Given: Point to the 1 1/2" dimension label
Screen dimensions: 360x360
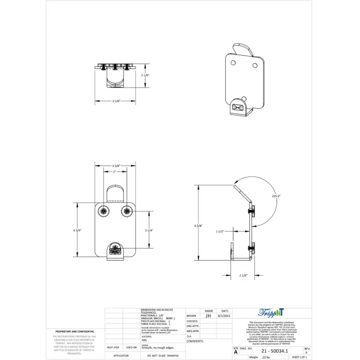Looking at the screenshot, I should tap(220, 231).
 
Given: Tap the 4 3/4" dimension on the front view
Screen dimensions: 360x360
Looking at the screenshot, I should tap(77, 230).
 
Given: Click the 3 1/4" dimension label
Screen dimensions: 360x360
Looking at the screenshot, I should tap(149, 230).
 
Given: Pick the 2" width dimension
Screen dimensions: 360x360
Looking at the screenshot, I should tap(115, 172).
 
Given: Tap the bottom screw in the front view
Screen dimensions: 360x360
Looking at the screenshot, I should tap(115, 251).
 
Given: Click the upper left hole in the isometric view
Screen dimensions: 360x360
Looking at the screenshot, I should tap(233, 63).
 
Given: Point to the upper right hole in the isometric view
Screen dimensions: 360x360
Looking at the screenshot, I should tap(255, 65).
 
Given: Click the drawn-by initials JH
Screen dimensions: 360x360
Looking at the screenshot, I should tap(208, 316).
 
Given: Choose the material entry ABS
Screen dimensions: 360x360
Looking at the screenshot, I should tap(144, 340).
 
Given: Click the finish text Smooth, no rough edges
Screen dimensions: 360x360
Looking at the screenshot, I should tap(157, 348).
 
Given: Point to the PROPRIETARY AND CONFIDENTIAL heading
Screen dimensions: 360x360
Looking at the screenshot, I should tap(75, 332).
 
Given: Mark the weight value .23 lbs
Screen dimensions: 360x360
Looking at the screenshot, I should tap(266, 357).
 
